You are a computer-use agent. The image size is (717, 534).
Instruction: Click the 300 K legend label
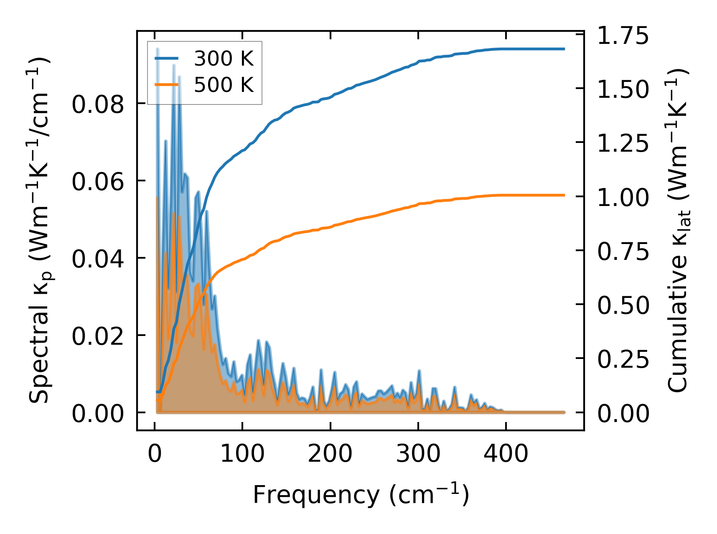[x=224, y=59]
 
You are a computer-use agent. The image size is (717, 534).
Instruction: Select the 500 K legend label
[x=224, y=85]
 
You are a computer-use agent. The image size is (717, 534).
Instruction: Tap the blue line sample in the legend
[x=167, y=59]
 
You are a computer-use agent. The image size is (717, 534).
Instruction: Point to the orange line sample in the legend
[x=167, y=85]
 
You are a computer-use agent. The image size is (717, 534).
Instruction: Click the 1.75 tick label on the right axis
[x=623, y=36]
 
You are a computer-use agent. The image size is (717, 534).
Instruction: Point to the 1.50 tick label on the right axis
[x=623, y=89]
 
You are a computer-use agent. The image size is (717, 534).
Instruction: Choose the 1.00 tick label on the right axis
[x=623, y=197]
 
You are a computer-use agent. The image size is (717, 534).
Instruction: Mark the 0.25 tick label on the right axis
[x=623, y=359]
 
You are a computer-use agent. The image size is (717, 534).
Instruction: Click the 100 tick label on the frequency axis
[x=242, y=453]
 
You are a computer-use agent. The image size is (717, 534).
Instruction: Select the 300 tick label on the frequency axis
[x=418, y=453]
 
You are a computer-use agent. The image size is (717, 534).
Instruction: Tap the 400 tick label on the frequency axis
[x=506, y=453]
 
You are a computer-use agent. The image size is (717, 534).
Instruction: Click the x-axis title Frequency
[x=361, y=495]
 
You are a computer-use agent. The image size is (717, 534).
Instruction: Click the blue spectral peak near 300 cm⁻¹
[x=419, y=371]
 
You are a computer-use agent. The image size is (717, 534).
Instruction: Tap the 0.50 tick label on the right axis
[x=623, y=305]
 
